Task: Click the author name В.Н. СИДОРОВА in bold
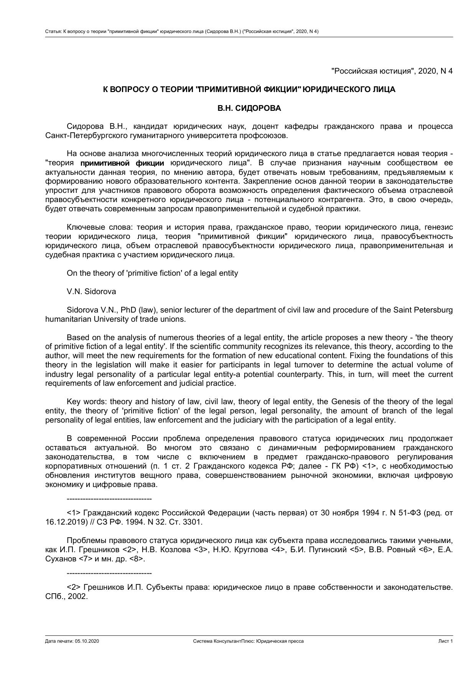pos(249,108)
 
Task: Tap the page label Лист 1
pos(446,641)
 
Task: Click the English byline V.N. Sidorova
pos(91,291)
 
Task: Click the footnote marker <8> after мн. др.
pos(137,559)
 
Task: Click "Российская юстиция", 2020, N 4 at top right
pos(392,71)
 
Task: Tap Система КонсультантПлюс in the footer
pos(223,641)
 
